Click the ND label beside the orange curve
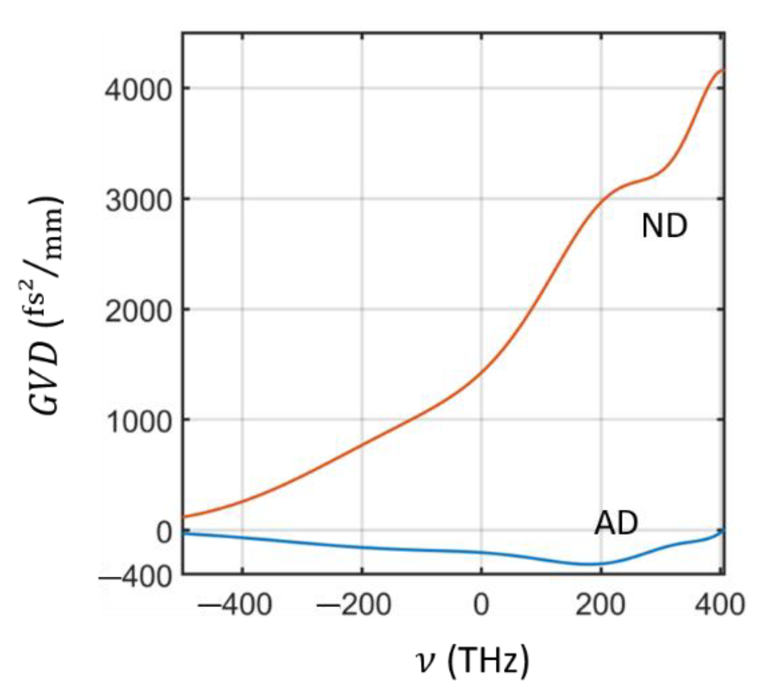[664, 226]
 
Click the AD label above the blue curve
[616, 523]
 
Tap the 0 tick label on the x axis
[481, 605]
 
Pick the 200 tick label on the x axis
[600, 605]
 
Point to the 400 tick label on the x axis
[720, 605]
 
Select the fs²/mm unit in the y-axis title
[47, 260]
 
